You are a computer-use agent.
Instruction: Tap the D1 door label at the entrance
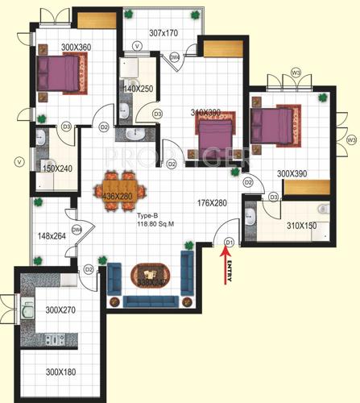tap(229, 241)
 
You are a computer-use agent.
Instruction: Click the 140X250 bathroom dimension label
tap(139, 87)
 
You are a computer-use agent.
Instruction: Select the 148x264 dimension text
tap(53, 236)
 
